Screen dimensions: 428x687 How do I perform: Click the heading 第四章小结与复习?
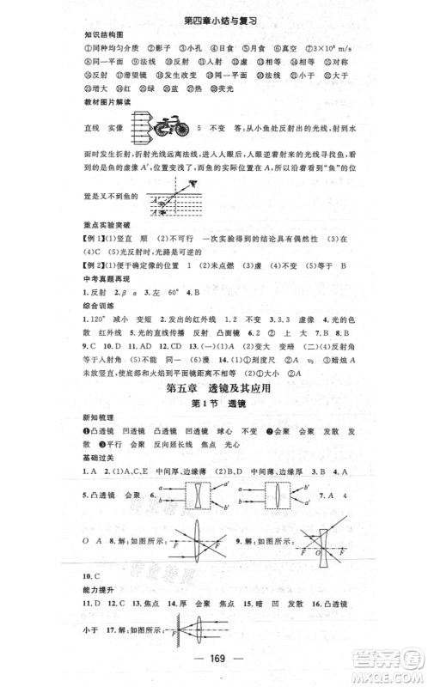pyautogui.click(x=213, y=17)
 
